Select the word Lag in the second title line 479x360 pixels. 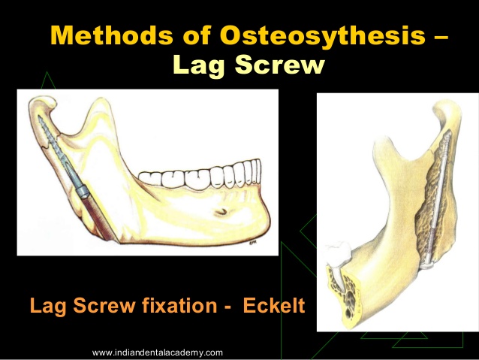(x=199, y=65)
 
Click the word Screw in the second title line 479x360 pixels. (x=279, y=64)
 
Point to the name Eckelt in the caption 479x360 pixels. (x=274, y=305)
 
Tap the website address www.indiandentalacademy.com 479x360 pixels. (x=158, y=352)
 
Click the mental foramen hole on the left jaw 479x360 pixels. (x=221, y=211)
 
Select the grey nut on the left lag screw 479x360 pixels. (x=82, y=191)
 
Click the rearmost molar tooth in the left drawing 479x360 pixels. (x=149, y=178)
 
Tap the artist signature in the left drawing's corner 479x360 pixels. (x=252, y=244)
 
